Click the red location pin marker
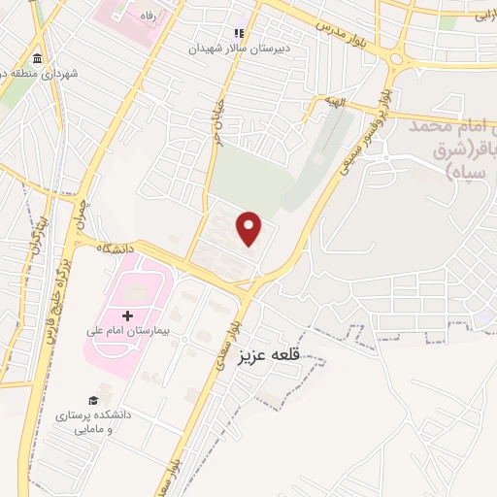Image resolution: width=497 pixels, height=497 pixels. [x=250, y=229]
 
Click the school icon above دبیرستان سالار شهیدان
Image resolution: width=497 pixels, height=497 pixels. [x=236, y=32]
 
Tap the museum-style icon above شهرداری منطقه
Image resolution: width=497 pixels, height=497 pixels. [x=37, y=55]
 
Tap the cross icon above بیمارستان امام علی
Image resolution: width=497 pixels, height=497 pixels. [x=127, y=315]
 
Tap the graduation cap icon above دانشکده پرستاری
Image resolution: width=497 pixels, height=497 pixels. [x=93, y=400]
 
